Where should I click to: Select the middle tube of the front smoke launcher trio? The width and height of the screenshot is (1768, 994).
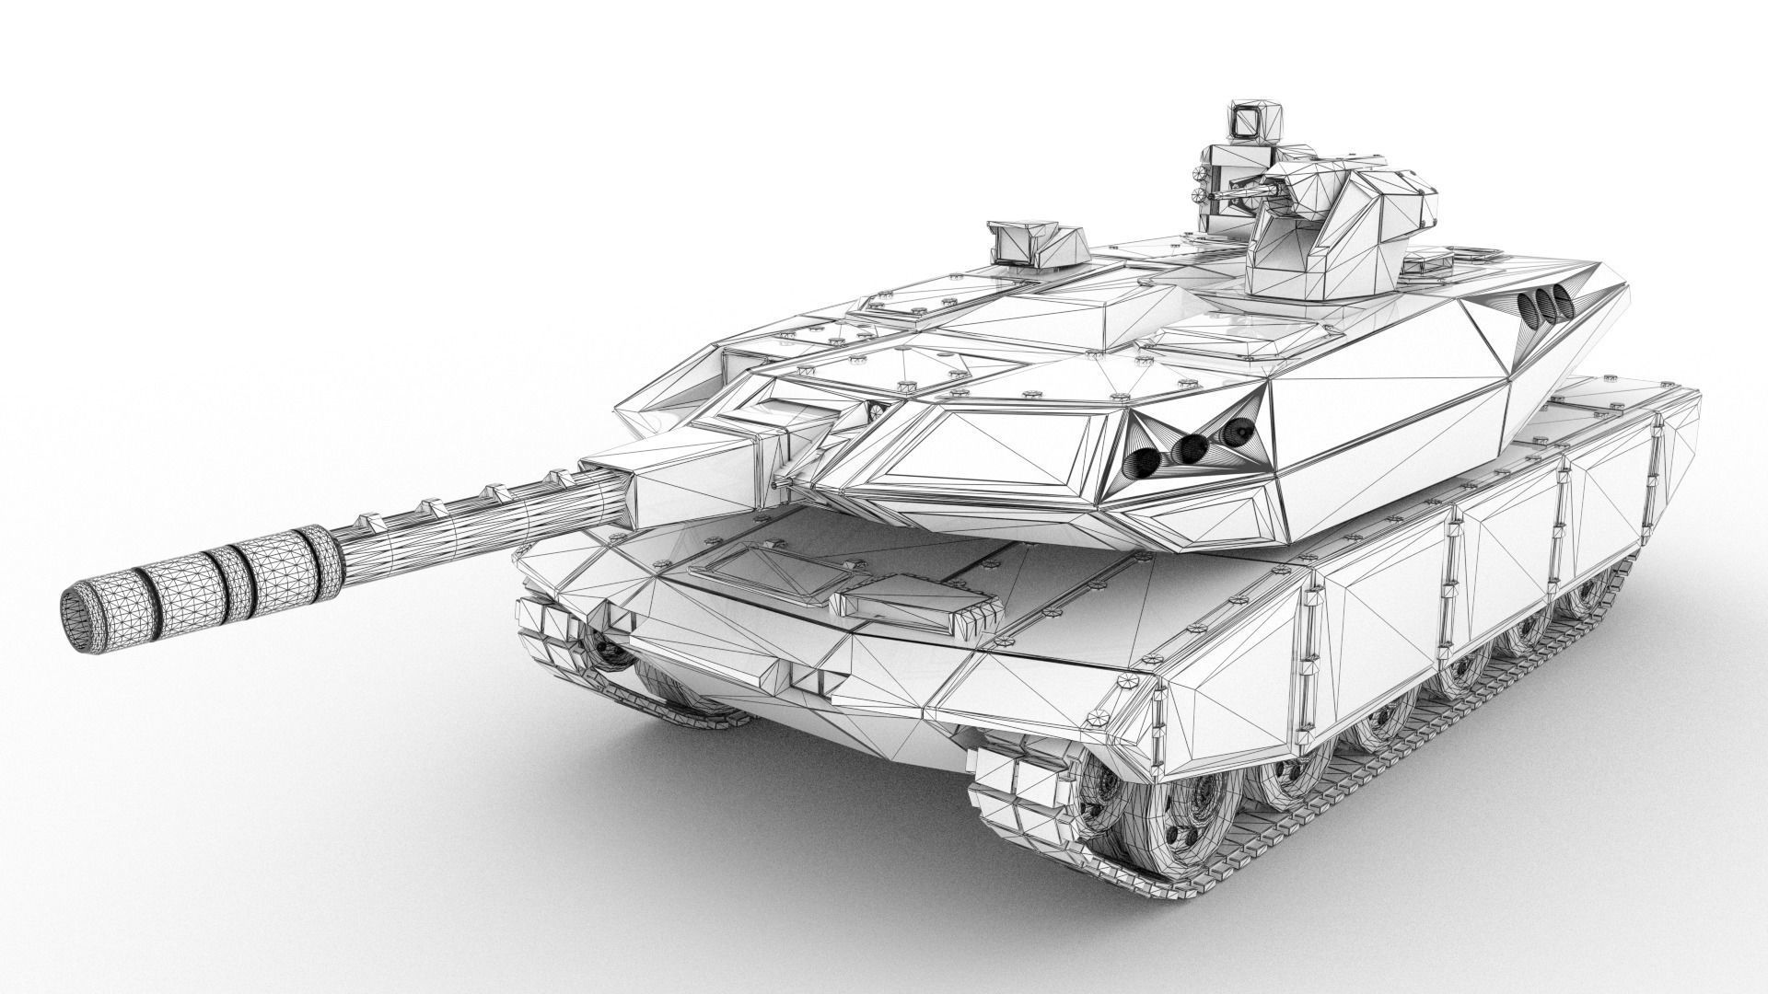(x=1192, y=447)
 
